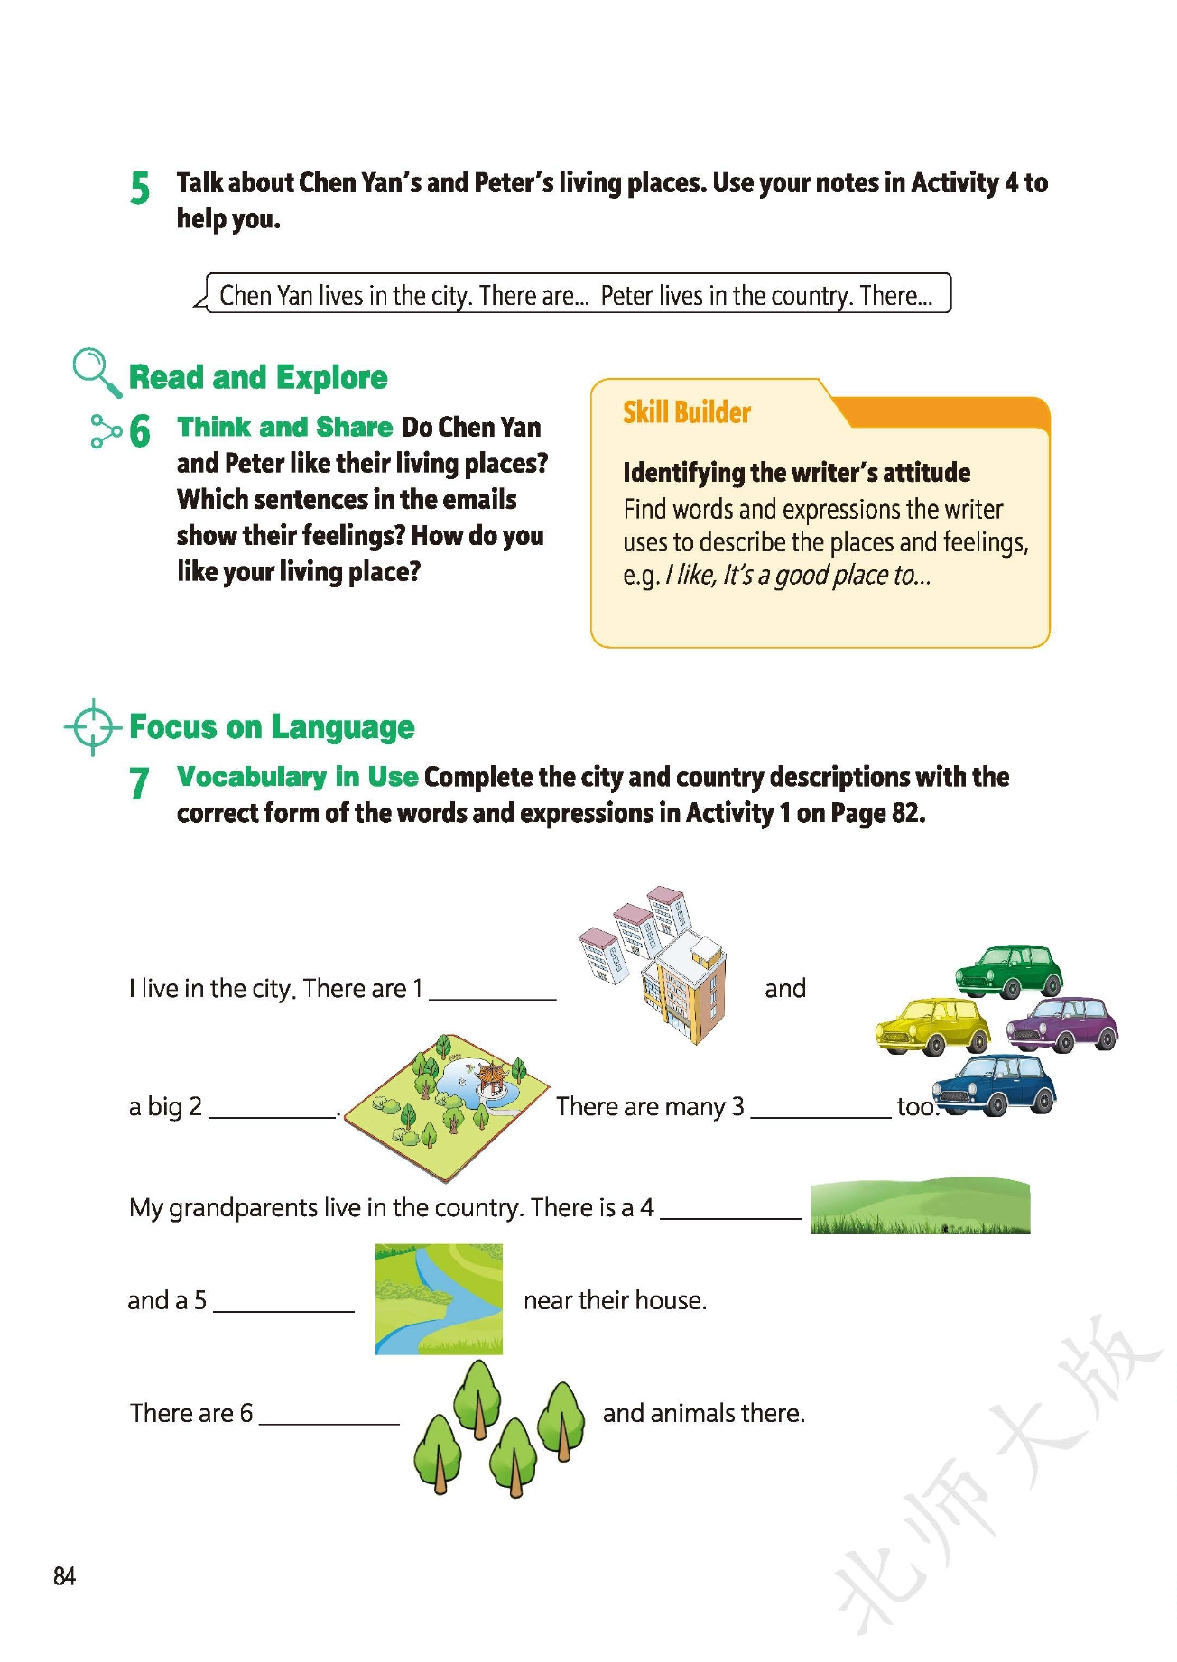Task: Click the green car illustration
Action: click(1009, 971)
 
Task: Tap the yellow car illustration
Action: click(932, 1026)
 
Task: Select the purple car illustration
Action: click(1062, 1024)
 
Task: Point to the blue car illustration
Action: click(994, 1085)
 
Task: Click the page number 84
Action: click(64, 1576)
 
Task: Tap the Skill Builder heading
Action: click(687, 412)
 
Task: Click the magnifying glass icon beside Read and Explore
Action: click(96, 372)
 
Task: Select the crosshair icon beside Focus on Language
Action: click(92, 726)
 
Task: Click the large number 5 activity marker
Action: click(140, 188)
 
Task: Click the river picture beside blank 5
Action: click(439, 1299)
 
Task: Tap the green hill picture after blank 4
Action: click(920, 1205)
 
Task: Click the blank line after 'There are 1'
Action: click(493, 996)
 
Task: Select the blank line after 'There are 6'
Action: click(329, 1420)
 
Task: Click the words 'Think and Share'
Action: click(284, 427)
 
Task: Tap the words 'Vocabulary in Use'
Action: click(297, 777)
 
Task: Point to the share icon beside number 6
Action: click(106, 430)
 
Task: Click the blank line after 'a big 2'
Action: click(272, 1114)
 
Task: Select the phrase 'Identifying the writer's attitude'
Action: click(796, 472)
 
